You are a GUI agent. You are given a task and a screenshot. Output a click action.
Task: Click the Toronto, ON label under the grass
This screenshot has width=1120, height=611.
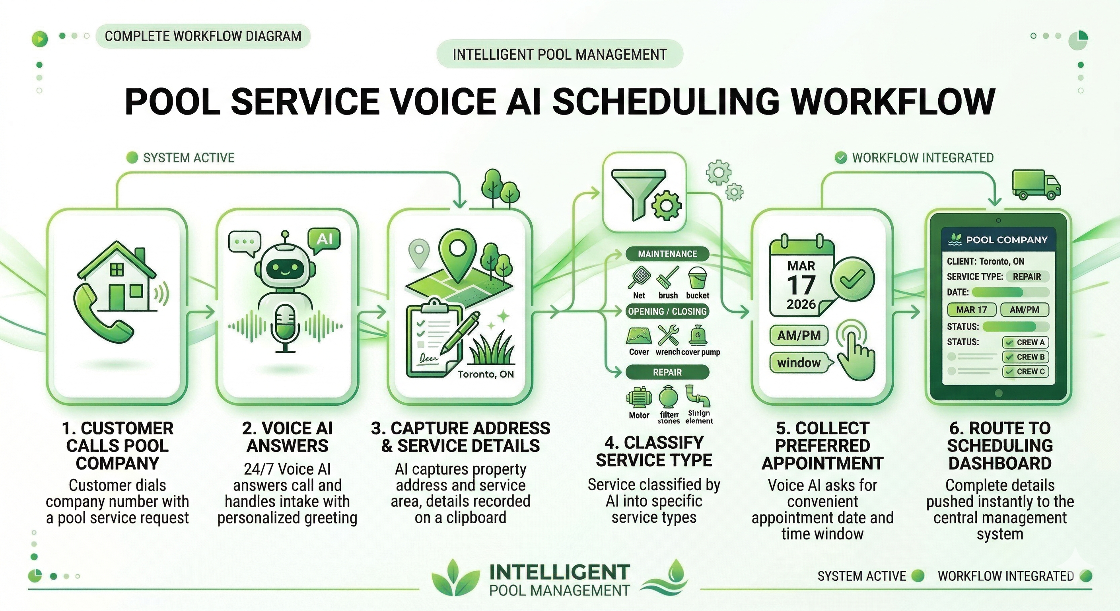coord(486,374)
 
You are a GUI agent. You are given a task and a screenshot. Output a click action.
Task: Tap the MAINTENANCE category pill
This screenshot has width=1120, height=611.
coord(667,254)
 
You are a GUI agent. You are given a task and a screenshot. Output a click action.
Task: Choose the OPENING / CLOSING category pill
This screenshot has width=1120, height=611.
coord(667,311)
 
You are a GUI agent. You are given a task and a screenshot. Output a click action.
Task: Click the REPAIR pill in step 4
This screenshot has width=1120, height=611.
coord(667,372)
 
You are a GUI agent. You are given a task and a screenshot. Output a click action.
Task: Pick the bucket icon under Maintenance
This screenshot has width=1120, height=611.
coord(697,278)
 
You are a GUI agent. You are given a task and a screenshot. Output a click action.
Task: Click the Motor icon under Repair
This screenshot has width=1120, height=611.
coord(639,397)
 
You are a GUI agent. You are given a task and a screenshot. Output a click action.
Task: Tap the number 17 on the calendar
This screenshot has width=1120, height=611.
coord(801,286)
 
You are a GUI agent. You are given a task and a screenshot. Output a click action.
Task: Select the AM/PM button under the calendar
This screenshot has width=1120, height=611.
coord(799,335)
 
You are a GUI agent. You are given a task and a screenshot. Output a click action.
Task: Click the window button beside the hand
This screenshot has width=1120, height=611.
coord(799,363)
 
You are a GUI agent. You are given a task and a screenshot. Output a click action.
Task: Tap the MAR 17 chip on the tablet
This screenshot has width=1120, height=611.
coord(971,309)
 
